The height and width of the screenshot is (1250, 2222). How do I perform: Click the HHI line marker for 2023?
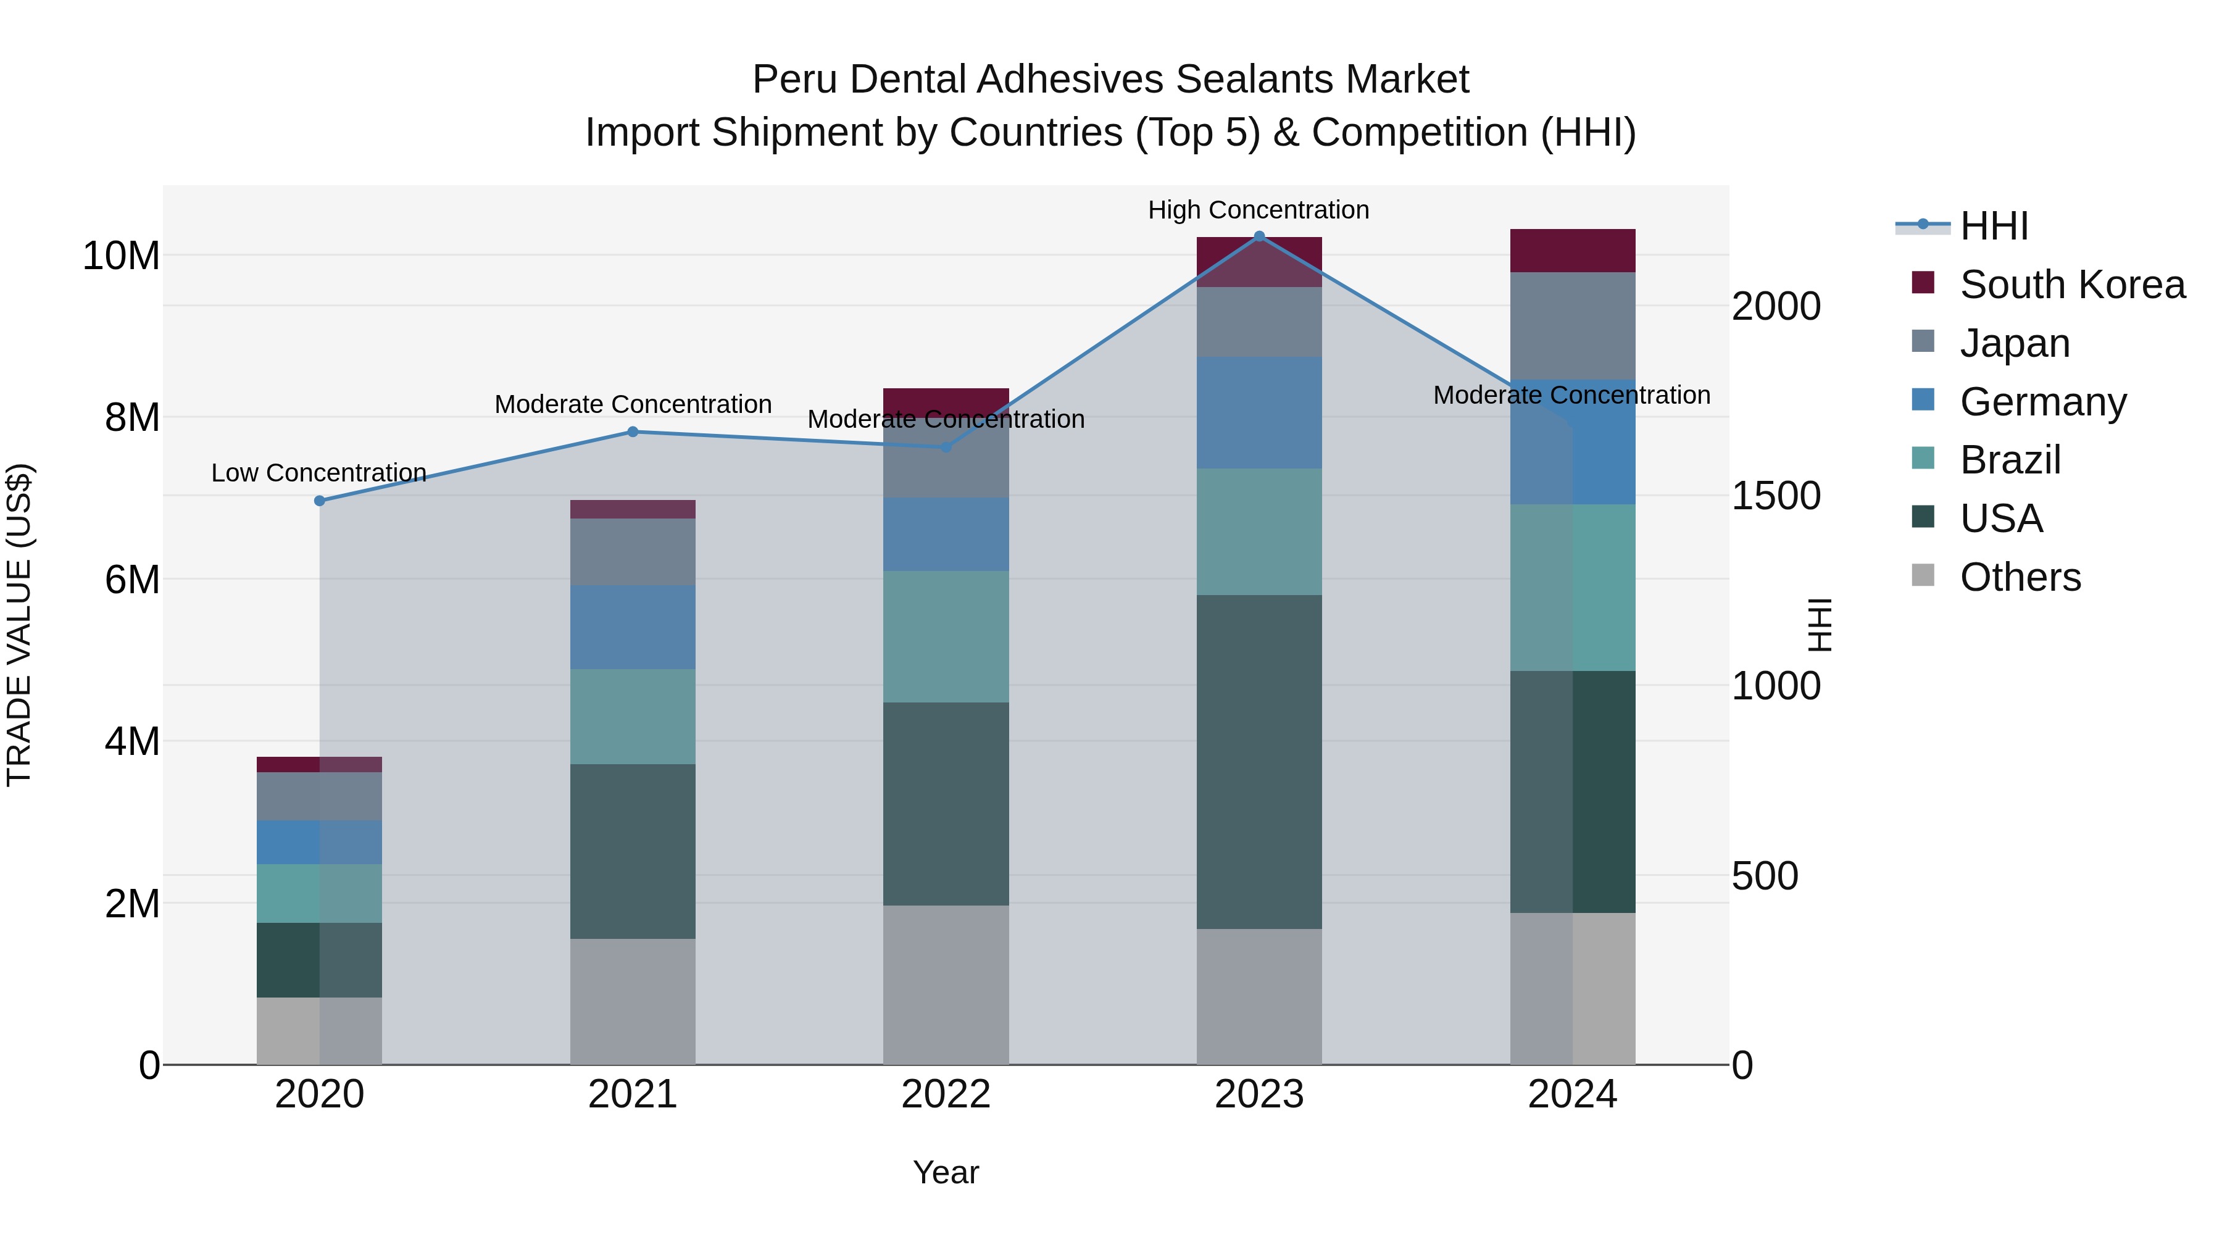[x=1259, y=236]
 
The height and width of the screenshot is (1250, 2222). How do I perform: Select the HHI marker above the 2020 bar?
[x=319, y=501]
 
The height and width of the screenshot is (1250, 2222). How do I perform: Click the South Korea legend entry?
[x=2072, y=285]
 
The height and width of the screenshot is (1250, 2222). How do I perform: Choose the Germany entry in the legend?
[x=2042, y=402]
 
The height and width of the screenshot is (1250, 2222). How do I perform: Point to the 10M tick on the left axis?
[x=121, y=256]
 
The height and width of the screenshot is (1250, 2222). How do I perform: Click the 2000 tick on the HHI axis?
[x=1776, y=307]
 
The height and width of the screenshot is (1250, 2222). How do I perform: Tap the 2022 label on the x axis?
[x=946, y=1094]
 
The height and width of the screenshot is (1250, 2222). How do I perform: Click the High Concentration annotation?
[x=1259, y=210]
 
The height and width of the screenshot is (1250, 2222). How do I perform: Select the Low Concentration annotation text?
[x=319, y=473]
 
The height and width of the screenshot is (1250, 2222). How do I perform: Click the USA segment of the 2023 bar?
[x=1259, y=761]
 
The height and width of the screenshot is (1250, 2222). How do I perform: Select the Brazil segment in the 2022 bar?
[x=946, y=636]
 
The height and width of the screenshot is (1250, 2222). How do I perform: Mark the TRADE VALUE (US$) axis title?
[x=19, y=625]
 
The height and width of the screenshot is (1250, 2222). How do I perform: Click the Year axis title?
[x=946, y=1172]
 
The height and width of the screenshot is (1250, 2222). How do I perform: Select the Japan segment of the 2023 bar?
[x=1259, y=321]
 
